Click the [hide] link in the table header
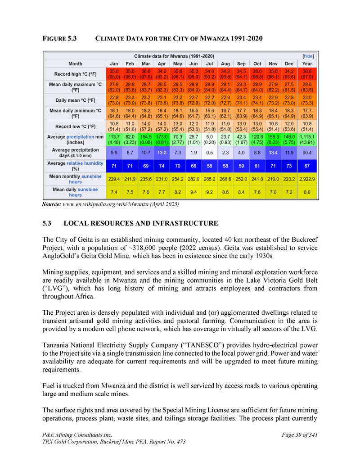308,56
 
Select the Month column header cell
75,64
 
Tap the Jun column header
193,64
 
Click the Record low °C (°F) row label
75,127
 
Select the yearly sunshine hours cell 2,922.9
307,179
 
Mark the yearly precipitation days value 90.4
307,153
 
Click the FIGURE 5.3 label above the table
59,39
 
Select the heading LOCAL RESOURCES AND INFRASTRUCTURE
141,223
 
